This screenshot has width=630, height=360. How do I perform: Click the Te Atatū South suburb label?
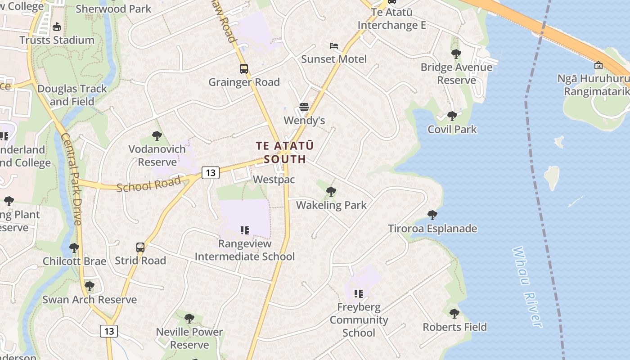tap(284, 153)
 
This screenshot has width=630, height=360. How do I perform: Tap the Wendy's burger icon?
tap(304, 107)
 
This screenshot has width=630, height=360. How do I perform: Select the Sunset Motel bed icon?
tap(333, 46)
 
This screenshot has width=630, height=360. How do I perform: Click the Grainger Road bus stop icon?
tap(243, 69)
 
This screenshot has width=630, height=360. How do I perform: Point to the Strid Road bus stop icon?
tap(140, 247)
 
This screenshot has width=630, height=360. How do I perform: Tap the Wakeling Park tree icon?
tap(331, 192)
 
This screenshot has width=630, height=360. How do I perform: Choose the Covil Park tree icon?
tap(452, 116)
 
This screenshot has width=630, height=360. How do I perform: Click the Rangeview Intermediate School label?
tap(245, 250)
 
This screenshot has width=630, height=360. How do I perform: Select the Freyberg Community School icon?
tap(359, 294)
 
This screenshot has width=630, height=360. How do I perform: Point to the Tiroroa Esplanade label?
tap(432, 229)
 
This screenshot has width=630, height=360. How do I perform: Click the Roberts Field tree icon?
tap(454, 313)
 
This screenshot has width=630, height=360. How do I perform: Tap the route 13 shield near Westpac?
tap(210, 172)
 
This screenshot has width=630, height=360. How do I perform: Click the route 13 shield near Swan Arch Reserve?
tap(108, 331)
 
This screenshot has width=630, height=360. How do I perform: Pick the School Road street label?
tap(148, 184)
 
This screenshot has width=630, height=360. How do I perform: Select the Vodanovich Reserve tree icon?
tap(157, 135)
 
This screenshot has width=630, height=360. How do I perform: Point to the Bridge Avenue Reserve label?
tap(456, 74)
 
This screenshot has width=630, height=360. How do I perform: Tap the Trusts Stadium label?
tap(57, 40)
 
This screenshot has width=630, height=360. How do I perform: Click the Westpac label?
tap(274, 180)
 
